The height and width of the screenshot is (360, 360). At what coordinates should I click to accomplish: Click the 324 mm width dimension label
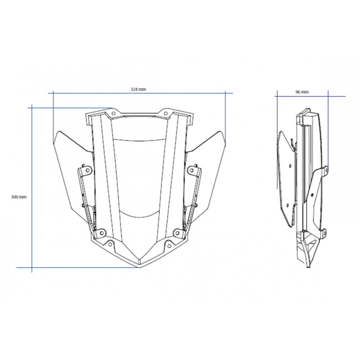(138, 89)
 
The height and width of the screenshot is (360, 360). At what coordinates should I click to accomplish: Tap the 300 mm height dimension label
(19, 197)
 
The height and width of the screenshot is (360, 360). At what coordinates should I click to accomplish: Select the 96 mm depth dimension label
(302, 92)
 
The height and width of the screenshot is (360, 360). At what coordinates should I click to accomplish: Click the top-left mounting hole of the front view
(113, 113)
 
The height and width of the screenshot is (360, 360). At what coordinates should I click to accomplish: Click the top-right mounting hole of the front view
(166, 113)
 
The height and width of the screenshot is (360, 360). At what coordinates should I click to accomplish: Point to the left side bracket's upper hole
(88, 170)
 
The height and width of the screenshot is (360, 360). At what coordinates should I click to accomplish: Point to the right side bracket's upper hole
(192, 170)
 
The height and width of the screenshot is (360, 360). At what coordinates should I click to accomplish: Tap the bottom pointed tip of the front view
(140, 267)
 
